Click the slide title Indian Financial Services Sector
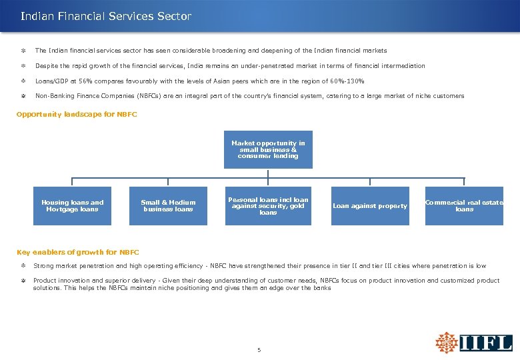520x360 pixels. [x=106, y=16]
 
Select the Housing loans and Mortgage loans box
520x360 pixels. [x=73, y=206]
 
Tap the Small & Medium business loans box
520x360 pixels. [x=169, y=206]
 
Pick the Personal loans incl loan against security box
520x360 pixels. [x=268, y=206]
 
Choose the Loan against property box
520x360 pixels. [x=370, y=206]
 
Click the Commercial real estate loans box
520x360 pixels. [x=464, y=206]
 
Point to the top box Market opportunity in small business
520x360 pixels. [x=268, y=150]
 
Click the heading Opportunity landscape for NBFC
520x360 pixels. [x=77, y=114]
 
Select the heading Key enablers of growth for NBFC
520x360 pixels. [x=77, y=252]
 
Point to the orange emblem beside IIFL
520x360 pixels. [x=447, y=342]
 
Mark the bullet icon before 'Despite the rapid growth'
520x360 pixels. [x=23, y=66]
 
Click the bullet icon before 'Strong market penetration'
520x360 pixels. [x=23, y=265]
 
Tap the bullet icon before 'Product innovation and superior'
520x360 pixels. [x=23, y=281]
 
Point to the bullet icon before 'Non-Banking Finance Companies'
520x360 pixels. [x=23, y=96]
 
